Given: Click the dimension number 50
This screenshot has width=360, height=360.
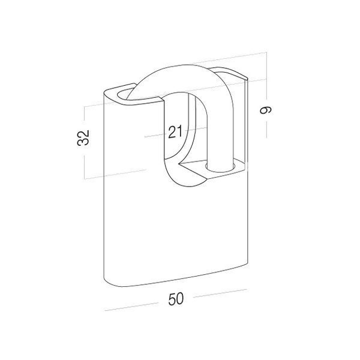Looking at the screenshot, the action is click(176, 298).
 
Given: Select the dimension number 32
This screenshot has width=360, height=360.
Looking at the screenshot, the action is click(83, 137).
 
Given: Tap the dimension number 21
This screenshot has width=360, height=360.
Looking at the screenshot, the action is click(175, 131).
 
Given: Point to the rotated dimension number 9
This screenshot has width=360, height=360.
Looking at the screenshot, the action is click(266, 110).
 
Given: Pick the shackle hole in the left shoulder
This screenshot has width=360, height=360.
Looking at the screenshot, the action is click(125, 94).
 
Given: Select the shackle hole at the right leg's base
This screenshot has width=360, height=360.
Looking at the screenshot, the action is click(220, 167).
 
